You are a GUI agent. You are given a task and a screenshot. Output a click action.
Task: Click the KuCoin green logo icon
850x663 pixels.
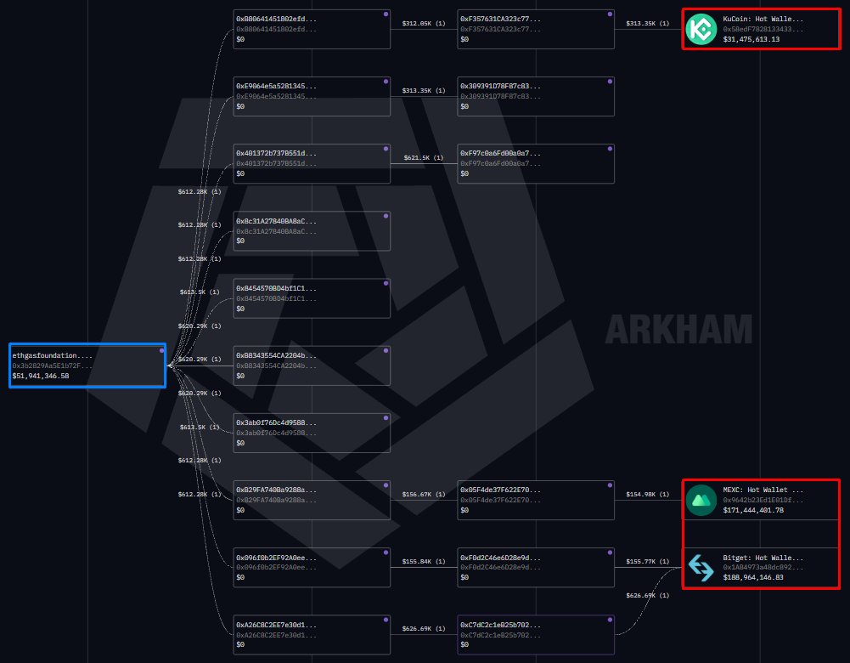coord(701,29)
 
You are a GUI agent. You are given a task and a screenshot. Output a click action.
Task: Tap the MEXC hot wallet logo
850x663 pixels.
coord(701,500)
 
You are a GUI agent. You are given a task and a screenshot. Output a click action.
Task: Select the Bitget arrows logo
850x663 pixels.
coord(701,567)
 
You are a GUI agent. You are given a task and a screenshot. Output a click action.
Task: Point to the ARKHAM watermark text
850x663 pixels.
coord(679,329)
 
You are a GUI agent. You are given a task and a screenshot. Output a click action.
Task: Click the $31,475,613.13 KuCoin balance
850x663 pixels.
coord(751,39)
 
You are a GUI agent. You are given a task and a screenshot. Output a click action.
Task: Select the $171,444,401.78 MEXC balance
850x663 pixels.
coord(753,510)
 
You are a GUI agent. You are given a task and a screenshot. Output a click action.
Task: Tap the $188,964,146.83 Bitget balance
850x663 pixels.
coord(753,577)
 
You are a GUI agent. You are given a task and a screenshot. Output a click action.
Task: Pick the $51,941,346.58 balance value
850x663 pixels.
coord(41,376)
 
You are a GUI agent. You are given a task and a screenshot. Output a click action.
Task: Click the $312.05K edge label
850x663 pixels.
coord(423,24)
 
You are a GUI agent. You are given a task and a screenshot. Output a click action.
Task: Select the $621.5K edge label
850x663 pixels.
coord(423,158)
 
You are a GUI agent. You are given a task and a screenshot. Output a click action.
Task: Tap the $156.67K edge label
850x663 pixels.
coord(423,494)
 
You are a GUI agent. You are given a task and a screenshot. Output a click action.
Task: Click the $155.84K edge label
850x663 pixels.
coord(423,561)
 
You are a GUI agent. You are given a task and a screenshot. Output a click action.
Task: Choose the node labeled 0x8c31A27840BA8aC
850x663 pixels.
coord(312,230)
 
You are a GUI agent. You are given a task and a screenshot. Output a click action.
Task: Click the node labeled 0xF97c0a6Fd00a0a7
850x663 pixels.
coord(535,163)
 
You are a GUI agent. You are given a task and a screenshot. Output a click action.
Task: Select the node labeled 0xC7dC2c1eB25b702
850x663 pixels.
coord(535,634)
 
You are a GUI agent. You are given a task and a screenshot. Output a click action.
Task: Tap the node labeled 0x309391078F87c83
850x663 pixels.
coord(535,96)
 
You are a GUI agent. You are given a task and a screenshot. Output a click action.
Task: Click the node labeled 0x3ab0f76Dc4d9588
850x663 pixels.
coord(312,432)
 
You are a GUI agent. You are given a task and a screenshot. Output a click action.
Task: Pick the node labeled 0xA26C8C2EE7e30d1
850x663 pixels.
coord(312,634)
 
